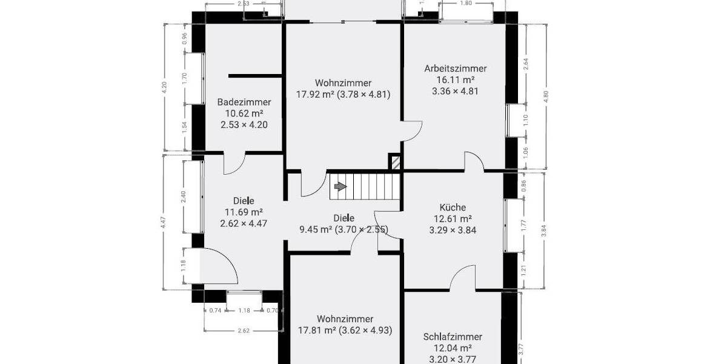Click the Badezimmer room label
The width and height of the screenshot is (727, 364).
point(244,102)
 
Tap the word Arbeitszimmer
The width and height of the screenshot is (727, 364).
point(455,69)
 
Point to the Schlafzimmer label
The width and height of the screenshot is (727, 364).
point(453,337)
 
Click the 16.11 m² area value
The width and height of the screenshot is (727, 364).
point(455,79)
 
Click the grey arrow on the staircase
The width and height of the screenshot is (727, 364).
point(340,186)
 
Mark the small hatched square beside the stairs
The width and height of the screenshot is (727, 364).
point(395,163)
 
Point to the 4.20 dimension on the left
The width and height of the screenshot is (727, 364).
point(164,87)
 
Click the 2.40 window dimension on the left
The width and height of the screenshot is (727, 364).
point(183,197)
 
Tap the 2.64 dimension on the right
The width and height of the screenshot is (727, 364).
point(525,64)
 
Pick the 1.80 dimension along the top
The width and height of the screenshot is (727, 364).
point(465,4)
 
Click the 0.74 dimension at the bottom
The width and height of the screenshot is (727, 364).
point(215,311)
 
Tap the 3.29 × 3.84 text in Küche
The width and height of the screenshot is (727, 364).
point(453,230)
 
